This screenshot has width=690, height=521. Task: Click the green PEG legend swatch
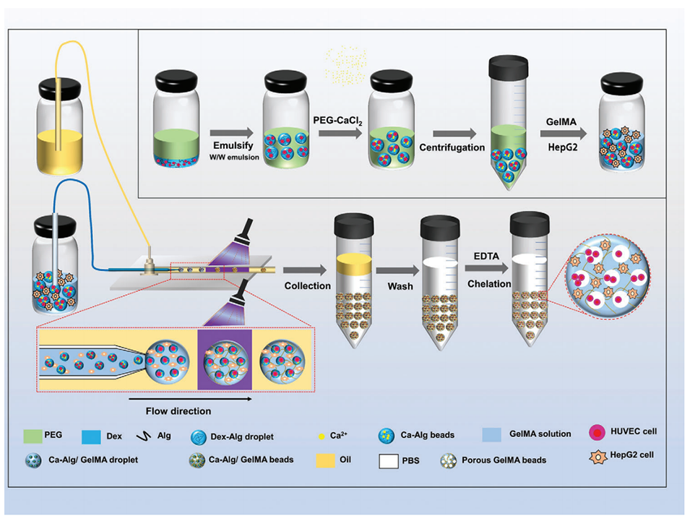click(x=39, y=435)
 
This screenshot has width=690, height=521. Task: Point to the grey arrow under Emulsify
click(x=231, y=132)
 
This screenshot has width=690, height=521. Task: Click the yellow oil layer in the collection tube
click(x=353, y=262)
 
